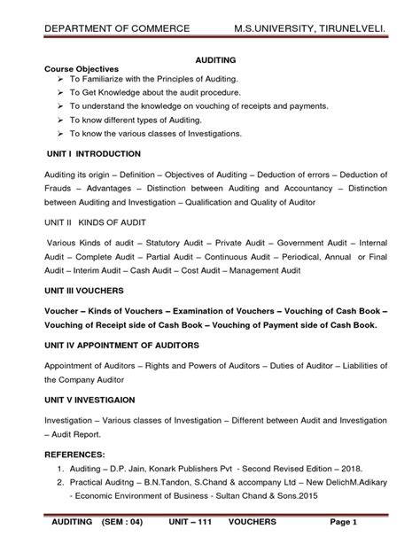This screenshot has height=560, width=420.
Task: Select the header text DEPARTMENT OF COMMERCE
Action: pos(118,29)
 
